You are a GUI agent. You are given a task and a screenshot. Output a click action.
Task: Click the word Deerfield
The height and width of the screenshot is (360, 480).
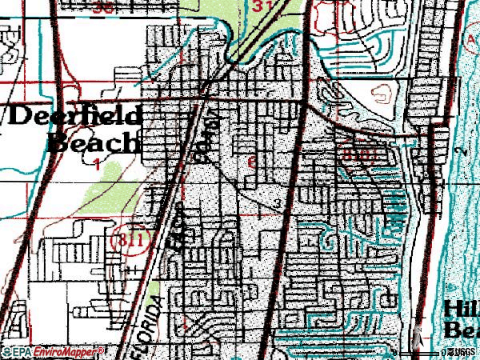click(76, 115)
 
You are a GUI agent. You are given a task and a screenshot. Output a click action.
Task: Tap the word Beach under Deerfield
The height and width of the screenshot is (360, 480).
click(93, 142)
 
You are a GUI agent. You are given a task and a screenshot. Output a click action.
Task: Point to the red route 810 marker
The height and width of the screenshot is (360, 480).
click(354, 151)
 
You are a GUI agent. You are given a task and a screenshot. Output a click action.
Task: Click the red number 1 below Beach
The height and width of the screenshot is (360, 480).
click(97, 165)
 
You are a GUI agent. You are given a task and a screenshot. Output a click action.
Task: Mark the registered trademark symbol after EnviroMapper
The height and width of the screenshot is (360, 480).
click(102, 350)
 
